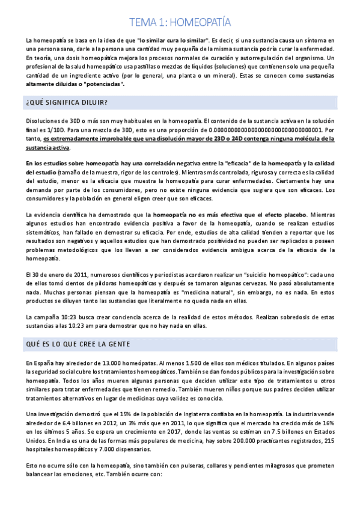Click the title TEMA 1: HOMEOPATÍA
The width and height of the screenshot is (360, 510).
pos(180,23)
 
